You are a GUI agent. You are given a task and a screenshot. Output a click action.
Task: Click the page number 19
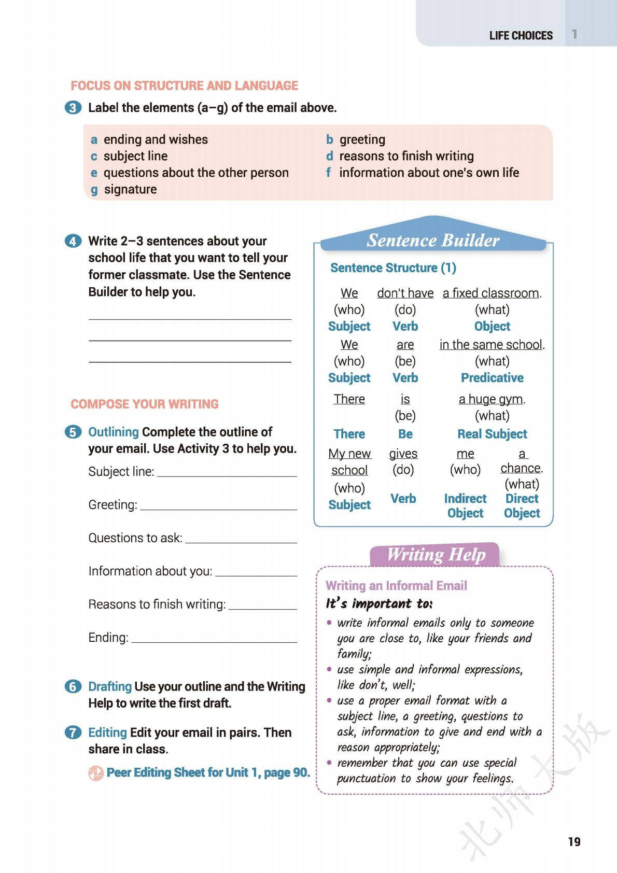574,841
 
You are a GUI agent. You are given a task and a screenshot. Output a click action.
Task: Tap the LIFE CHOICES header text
521,35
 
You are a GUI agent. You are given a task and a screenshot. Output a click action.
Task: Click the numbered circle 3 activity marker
73,108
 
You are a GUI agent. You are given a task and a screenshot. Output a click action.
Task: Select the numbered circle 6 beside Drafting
73,686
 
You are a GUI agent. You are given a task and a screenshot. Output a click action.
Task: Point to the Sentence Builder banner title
433,240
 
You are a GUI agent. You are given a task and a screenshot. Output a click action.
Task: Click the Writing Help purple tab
436,554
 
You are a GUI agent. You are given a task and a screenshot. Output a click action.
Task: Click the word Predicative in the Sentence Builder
492,378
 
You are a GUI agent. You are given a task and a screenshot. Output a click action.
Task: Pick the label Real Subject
492,434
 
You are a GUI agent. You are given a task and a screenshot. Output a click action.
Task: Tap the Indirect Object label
465,505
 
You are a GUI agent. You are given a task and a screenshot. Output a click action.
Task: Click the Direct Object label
522,505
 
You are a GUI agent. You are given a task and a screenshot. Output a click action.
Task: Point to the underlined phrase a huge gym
492,399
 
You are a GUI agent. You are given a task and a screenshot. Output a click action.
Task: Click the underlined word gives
403,454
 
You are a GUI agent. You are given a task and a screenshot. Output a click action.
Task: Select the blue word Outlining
114,432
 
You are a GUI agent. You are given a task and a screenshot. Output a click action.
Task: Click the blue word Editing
107,733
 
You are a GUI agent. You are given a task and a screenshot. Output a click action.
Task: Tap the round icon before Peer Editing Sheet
96,773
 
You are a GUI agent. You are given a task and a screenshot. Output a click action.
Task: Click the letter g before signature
94,190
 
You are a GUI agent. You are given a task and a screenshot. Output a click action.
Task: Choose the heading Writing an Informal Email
396,586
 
